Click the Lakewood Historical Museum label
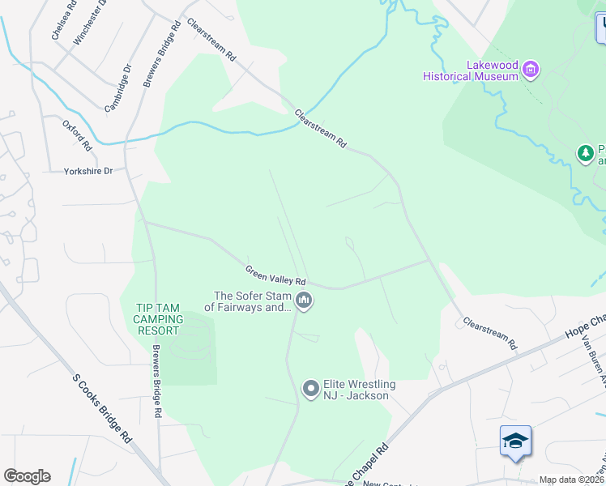(x=471, y=70)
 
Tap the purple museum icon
(x=531, y=70)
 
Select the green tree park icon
(x=585, y=153)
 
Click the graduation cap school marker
(x=515, y=441)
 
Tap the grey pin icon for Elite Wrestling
(x=310, y=390)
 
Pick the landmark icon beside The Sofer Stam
(x=304, y=301)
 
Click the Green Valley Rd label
(x=275, y=274)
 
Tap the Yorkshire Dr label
(x=88, y=172)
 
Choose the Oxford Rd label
(x=78, y=135)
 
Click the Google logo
(x=27, y=475)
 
